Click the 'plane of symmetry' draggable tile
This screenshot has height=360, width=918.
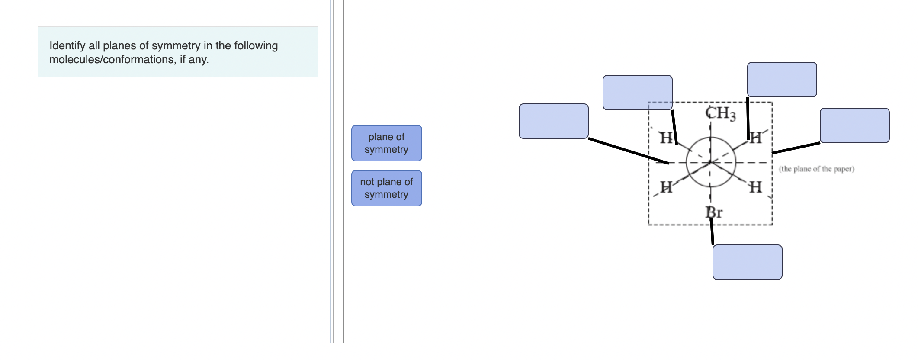tap(386, 143)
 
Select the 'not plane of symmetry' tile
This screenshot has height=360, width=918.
tap(386, 188)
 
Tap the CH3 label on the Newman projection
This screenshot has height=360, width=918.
tap(720, 113)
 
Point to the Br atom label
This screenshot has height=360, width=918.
tap(714, 212)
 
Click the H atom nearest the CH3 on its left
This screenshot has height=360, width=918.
tap(666, 138)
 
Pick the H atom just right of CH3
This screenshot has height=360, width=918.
tap(755, 138)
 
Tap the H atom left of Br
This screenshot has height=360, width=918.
tap(666, 187)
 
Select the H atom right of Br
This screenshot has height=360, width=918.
tap(755, 187)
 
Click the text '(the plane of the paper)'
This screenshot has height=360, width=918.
tap(816, 169)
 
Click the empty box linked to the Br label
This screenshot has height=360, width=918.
tap(747, 262)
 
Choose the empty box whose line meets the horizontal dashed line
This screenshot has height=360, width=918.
tap(553, 121)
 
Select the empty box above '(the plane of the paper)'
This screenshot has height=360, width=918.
tap(854, 125)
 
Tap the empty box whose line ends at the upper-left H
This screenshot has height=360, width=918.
tap(637, 93)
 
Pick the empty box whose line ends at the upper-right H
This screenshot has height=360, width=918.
tap(782, 80)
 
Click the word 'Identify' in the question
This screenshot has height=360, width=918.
tap(67, 46)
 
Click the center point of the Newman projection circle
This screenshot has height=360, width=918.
tap(710, 162)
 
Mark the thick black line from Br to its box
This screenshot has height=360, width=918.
tap(712, 231)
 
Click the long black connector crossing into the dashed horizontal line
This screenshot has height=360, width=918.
tap(629, 151)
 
